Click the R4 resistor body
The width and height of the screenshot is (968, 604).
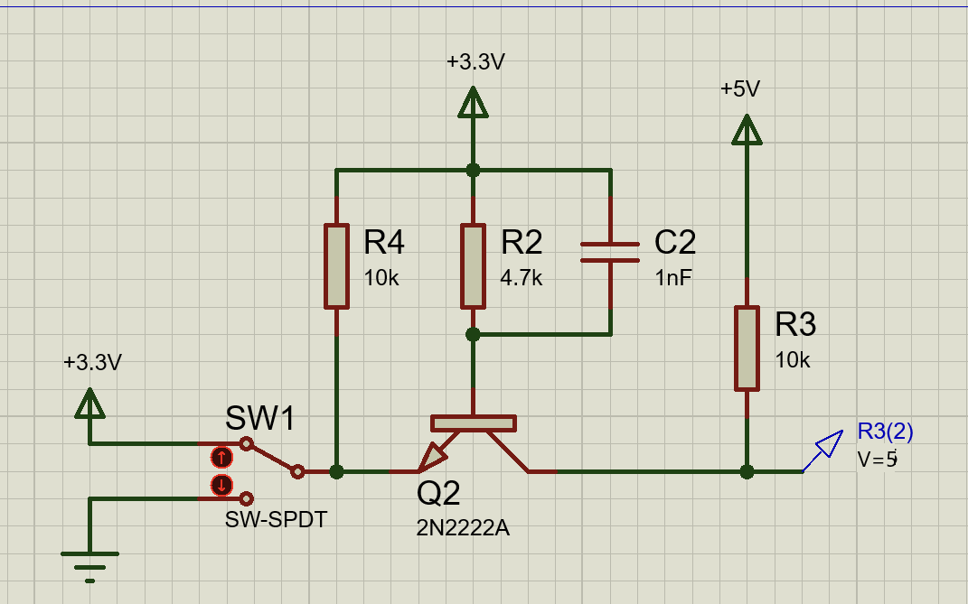[336, 266]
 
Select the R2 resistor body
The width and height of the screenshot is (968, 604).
[473, 266]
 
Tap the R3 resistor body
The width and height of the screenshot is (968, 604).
[747, 348]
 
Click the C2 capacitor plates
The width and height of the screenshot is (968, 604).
[610, 252]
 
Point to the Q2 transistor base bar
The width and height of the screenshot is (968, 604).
[474, 423]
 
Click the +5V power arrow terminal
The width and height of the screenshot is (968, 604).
[747, 130]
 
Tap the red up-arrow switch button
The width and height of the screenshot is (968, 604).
[221, 458]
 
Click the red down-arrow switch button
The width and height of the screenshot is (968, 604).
[221, 485]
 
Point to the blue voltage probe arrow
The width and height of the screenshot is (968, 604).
[823, 451]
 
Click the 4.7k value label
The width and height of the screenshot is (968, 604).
[521, 278]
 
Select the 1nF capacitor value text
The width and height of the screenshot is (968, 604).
[673, 278]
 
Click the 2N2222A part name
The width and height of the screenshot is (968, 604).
[463, 528]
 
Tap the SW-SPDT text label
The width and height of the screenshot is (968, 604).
[276, 519]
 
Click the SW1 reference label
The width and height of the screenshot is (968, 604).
[260, 418]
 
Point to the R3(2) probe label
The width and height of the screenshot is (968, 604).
[885, 432]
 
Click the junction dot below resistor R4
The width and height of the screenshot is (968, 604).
[336, 472]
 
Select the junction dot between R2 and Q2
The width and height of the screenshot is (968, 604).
[473, 334]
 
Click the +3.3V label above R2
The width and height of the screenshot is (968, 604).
[476, 61]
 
